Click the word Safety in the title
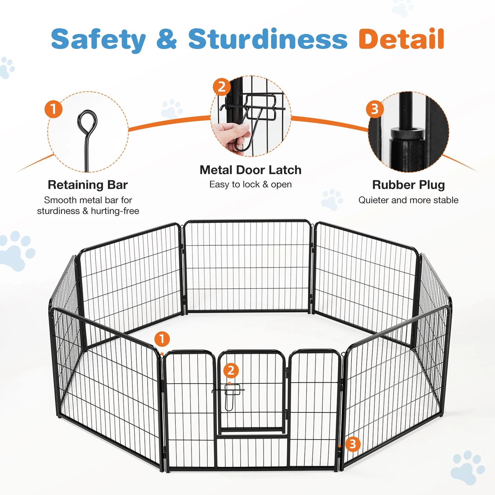click(x=98, y=39)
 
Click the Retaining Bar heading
click(x=88, y=185)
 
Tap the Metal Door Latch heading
click(x=250, y=170)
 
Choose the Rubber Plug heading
click(x=408, y=185)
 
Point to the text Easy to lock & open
click(x=250, y=184)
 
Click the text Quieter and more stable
click(x=408, y=200)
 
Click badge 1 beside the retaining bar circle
click(x=53, y=109)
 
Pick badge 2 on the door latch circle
click(x=222, y=87)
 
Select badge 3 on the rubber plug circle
click(x=375, y=109)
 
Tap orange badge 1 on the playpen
click(x=162, y=339)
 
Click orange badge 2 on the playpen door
click(x=231, y=370)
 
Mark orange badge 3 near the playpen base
click(x=352, y=444)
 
